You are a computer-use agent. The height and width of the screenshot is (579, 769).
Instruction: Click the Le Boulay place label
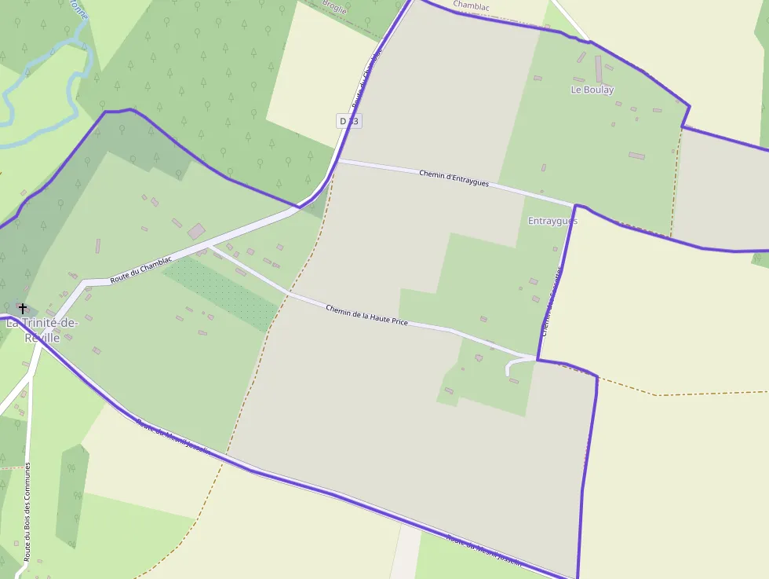coord(592,90)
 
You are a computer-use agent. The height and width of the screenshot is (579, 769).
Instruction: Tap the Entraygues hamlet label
coord(552,221)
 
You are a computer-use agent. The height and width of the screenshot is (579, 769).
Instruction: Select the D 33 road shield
coord(349,121)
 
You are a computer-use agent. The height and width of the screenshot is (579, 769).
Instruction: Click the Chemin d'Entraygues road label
coord(454,178)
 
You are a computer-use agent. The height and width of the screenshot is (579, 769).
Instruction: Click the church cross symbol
coord(23,308)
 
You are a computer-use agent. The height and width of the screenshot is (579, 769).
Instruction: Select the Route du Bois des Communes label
coord(27,511)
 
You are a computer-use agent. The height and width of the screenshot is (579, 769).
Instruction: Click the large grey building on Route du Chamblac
coord(196,231)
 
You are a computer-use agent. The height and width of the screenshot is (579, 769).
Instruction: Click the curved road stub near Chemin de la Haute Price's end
coord(515,365)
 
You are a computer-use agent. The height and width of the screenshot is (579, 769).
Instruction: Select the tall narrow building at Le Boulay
coord(598,68)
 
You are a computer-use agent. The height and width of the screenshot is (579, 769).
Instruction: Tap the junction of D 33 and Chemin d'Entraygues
coord(338,160)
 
